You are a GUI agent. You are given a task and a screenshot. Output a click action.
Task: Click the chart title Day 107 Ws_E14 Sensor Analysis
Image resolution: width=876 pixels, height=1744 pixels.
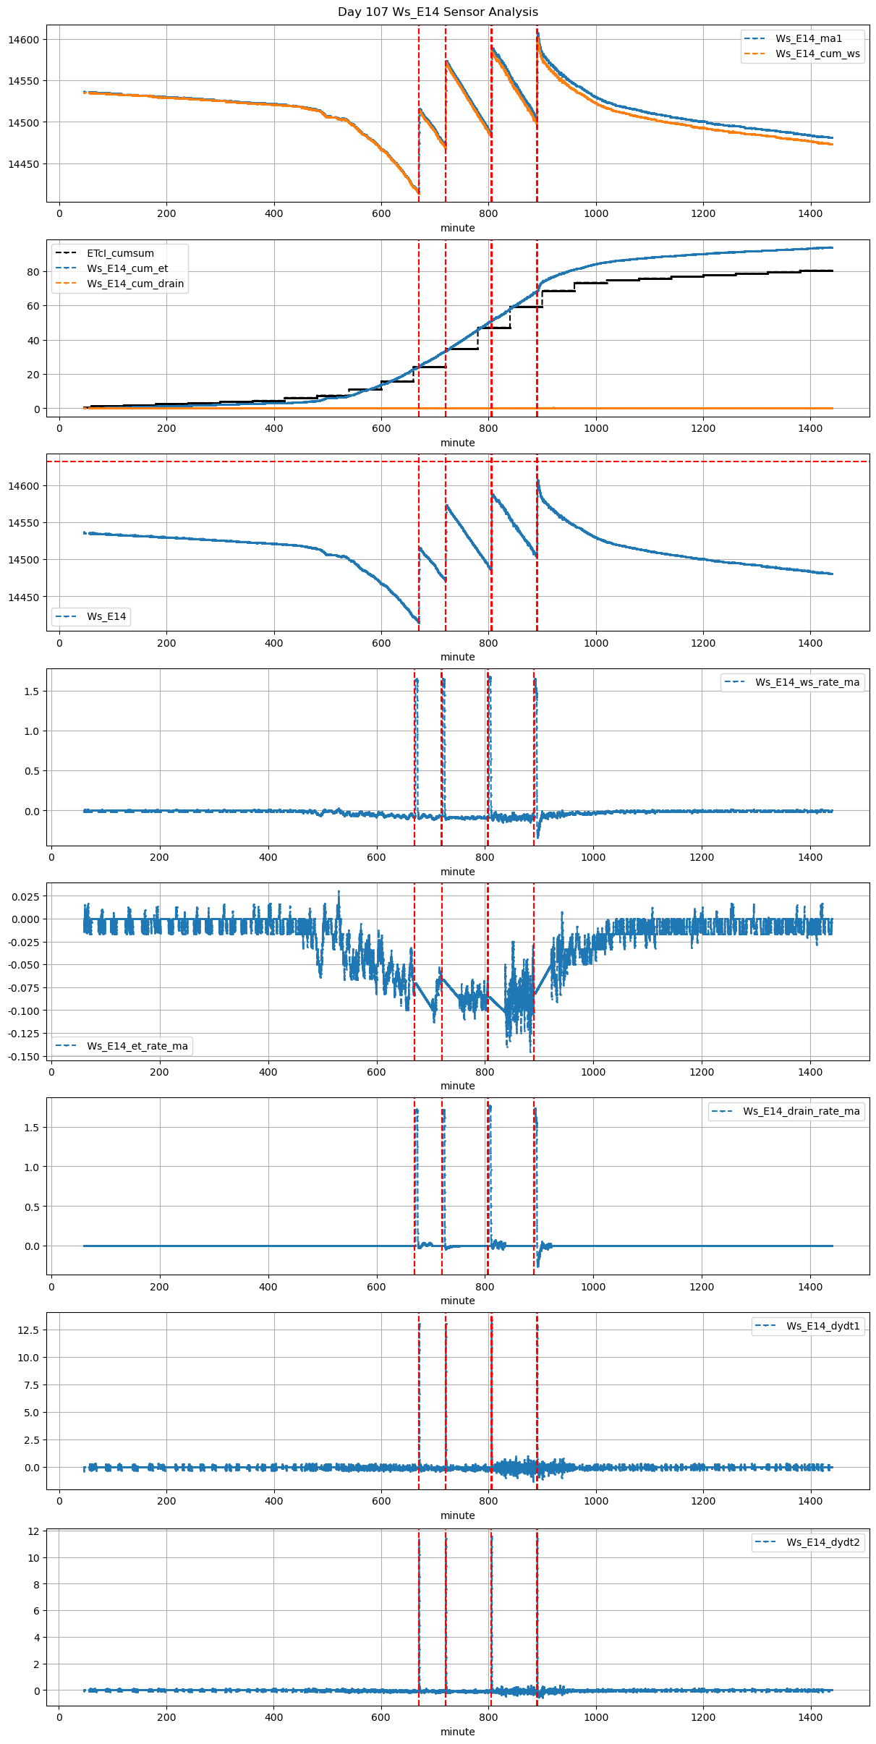click(x=438, y=12)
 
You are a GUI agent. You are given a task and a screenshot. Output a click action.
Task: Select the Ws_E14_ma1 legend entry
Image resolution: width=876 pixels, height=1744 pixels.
click(x=809, y=38)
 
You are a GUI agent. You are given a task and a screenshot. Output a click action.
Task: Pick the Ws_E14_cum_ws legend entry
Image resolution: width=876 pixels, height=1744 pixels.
click(x=817, y=54)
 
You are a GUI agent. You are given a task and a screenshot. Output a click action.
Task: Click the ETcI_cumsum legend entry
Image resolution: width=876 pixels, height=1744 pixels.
click(x=120, y=253)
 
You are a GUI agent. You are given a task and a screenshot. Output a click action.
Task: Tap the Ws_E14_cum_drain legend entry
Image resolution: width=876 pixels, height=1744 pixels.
click(x=135, y=284)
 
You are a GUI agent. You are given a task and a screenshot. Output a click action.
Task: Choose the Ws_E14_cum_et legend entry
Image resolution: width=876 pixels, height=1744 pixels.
click(x=127, y=268)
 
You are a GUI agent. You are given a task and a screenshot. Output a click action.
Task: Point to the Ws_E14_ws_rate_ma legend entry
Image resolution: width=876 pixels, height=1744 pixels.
click(x=807, y=682)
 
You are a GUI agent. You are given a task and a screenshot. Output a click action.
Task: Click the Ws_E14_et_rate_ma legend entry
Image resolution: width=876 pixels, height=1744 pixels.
click(x=137, y=1046)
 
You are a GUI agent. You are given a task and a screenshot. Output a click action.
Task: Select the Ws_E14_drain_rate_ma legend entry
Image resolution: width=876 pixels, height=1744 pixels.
click(x=801, y=1111)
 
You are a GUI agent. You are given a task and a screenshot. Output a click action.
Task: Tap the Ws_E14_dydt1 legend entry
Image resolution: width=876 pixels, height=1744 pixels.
click(x=823, y=1326)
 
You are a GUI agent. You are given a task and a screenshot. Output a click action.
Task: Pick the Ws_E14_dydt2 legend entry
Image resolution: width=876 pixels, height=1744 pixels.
click(x=823, y=1542)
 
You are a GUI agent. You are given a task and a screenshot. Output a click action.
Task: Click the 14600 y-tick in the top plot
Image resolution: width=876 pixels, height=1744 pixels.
click(x=24, y=40)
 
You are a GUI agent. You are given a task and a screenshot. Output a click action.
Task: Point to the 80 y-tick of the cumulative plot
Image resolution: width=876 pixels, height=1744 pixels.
click(x=33, y=272)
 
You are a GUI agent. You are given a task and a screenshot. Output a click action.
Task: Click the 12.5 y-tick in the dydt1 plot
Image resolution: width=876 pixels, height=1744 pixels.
click(x=29, y=1330)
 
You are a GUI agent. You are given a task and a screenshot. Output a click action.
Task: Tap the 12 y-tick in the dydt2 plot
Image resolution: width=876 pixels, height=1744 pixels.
click(x=33, y=1531)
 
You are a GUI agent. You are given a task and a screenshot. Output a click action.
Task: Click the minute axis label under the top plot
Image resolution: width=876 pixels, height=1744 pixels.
click(x=458, y=228)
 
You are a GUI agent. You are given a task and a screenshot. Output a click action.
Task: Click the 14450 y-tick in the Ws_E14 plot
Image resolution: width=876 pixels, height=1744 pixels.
click(x=24, y=597)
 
